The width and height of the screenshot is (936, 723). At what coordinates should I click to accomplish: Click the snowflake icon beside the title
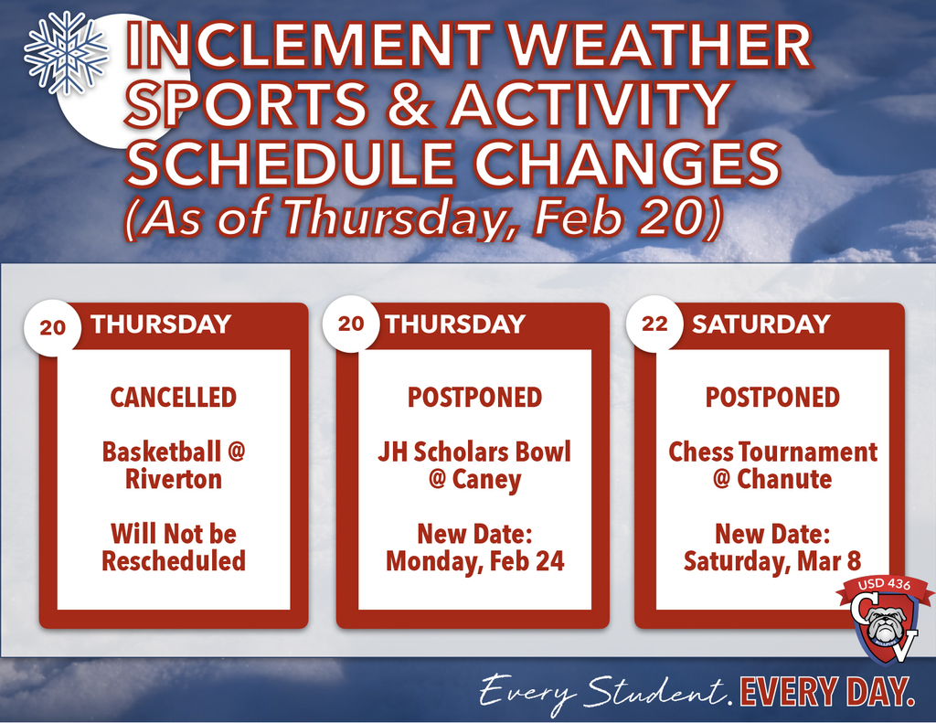(65, 53)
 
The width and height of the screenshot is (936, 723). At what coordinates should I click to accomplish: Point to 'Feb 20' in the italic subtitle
(622, 218)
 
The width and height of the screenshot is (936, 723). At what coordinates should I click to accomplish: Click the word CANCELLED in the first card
(174, 398)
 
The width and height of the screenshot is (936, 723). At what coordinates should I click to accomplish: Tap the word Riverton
(174, 479)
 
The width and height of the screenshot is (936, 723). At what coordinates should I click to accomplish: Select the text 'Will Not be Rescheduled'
(174, 547)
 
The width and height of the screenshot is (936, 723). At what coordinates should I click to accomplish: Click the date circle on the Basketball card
(53, 326)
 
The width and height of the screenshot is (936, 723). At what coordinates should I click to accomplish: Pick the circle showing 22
(654, 324)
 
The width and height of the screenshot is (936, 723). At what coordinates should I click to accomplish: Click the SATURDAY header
(760, 324)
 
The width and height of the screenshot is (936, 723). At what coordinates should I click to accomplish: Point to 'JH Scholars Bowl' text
(473, 452)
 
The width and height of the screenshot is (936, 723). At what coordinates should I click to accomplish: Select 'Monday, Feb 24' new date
(474, 560)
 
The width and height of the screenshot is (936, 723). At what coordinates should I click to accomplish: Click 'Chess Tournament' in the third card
(772, 452)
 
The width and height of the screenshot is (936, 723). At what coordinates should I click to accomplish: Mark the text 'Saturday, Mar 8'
(772, 560)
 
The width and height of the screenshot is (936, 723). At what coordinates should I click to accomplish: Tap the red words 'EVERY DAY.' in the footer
(827, 691)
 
